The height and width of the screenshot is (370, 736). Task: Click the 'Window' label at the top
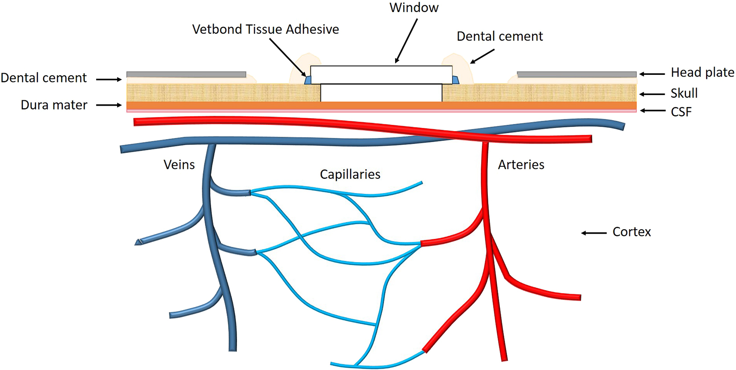coord(414,8)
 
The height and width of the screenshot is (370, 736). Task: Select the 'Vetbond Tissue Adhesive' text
coord(266,29)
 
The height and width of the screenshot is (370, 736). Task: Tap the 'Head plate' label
coord(702,72)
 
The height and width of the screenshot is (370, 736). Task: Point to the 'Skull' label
coord(684,93)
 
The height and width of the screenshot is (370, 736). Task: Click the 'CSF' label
coord(681,111)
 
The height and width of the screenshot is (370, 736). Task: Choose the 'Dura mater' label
coord(54,105)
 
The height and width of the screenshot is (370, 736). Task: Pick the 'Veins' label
coord(179,164)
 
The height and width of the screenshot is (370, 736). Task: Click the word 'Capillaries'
coord(350,174)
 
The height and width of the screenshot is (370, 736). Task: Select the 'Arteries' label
coord(521,164)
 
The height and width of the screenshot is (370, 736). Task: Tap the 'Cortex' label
coord(631,232)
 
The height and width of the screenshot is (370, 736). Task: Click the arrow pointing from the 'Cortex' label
coord(594,233)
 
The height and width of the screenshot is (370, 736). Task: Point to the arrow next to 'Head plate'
coord(652,74)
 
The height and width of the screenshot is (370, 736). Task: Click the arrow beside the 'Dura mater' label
coord(109,105)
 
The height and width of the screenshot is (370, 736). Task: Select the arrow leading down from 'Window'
coord(406,41)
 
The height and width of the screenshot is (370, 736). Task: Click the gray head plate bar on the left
coord(186,74)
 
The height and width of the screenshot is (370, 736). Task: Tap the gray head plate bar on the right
coord(577,74)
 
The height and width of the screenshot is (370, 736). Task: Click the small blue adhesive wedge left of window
coord(307,80)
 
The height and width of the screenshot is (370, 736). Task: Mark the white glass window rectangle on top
coord(381,74)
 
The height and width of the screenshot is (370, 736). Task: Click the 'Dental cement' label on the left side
coord(44,78)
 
